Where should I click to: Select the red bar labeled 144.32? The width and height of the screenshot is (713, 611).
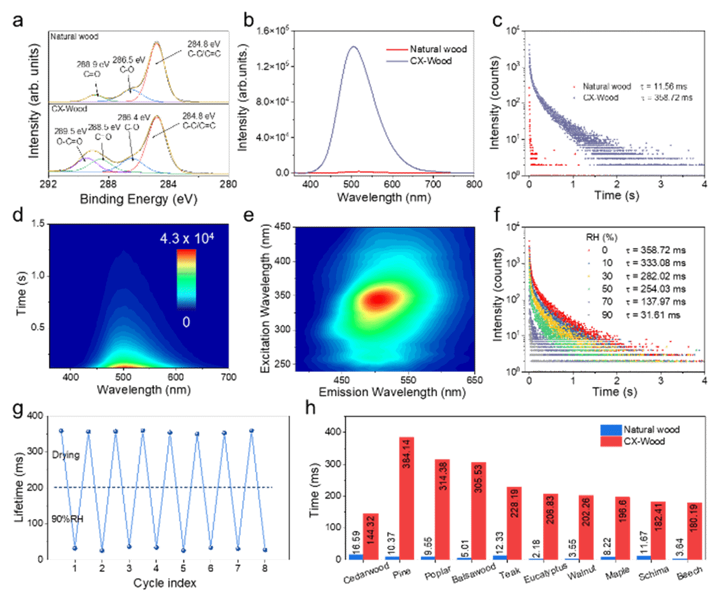click(371, 537)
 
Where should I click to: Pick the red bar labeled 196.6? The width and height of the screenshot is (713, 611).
click(622, 528)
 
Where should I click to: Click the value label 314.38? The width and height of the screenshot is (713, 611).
click(443, 476)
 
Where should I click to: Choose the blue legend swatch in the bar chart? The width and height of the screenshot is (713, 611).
click(611, 430)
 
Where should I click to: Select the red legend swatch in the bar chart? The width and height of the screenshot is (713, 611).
click(611, 442)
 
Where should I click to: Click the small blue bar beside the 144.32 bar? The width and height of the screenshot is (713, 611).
click(355, 556)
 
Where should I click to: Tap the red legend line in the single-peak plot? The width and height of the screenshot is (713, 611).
click(397, 50)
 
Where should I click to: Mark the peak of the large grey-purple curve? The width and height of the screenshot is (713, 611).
click(354, 47)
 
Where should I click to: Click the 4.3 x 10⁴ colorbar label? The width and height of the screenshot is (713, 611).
click(187, 238)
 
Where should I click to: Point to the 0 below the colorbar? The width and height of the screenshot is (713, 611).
click(186, 322)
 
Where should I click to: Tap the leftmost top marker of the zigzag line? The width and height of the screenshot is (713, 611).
click(61, 431)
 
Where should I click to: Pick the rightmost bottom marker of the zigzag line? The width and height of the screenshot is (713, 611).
click(265, 550)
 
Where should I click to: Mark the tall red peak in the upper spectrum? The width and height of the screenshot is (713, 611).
click(157, 43)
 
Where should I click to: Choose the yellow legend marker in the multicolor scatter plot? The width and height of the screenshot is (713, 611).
click(589, 276)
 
